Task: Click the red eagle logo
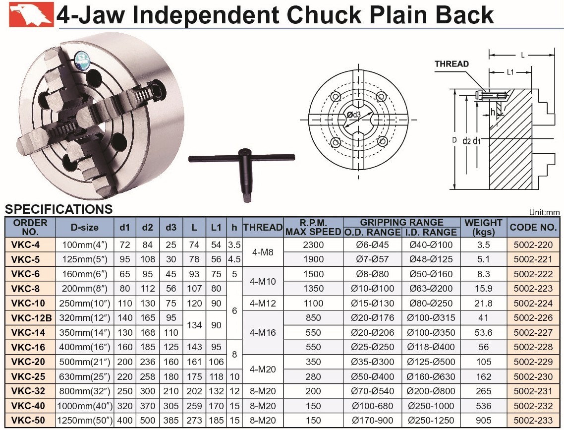[31, 14]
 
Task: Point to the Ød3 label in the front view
[354, 115]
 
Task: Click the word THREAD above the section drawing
[451, 64]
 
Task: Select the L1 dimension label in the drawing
[510, 72]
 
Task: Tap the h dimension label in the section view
[493, 112]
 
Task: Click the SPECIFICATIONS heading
[58, 209]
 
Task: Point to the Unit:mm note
[544, 213]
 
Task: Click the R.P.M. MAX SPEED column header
[313, 228]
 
